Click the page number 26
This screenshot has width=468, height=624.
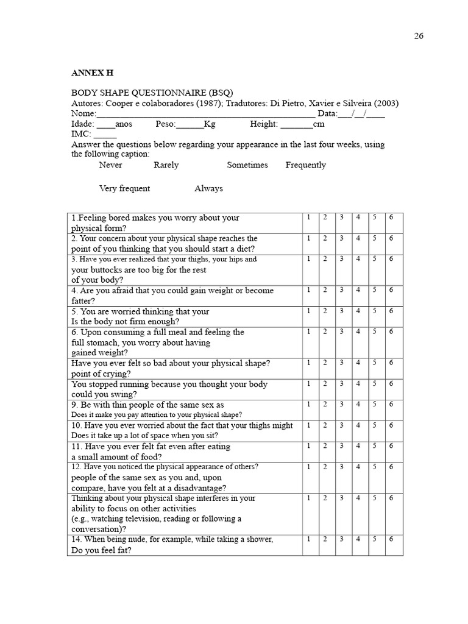pos(419,36)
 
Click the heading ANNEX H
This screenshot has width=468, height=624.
pos(92,73)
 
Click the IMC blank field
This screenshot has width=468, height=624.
pos(105,135)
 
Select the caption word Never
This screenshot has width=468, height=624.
pos(110,165)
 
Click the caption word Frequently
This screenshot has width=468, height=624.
pos(305,165)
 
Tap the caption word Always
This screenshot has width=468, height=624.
pos(208,188)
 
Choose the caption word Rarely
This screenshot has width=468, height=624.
pos(166,165)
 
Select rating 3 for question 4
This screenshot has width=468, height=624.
pos(341,290)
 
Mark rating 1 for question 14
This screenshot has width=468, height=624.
pos(309,539)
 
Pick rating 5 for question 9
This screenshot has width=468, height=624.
pos(375,405)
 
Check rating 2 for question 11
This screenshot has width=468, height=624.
pos(325,446)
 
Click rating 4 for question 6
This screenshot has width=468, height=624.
pos(358,331)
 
